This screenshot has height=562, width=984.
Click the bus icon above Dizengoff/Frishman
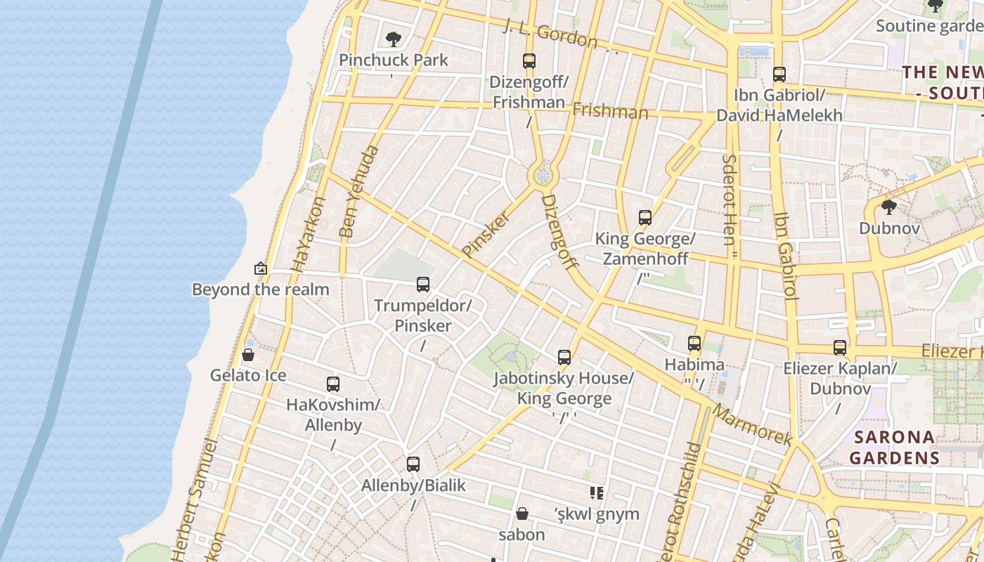tap(529, 61)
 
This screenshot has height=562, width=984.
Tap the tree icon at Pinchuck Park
tap(394, 39)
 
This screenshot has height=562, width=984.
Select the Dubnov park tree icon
tap(889, 207)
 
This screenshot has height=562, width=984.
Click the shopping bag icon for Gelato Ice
tap(247, 355)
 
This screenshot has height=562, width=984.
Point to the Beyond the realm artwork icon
tap(261, 268)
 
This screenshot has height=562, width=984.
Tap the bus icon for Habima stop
tap(694, 344)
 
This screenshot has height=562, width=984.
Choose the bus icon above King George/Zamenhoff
tap(645, 218)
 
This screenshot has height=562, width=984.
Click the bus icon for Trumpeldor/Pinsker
tap(423, 285)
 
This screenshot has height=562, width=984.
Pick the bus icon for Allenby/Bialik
tap(413, 464)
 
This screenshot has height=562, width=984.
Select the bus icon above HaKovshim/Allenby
tap(333, 384)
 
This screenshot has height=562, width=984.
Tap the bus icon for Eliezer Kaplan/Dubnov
tap(840, 348)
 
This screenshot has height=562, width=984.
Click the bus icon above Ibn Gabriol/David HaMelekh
tap(779, 74)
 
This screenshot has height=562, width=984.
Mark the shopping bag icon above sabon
tap(522, 514)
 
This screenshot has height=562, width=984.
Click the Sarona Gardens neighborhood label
tap(894, 447)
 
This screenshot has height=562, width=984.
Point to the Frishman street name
tap(610, 111)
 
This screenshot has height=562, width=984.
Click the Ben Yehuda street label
tap(358, 191)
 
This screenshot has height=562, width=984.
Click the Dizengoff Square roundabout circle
tap(542, 176)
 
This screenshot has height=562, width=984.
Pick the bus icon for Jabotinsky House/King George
tap(564, 358)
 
